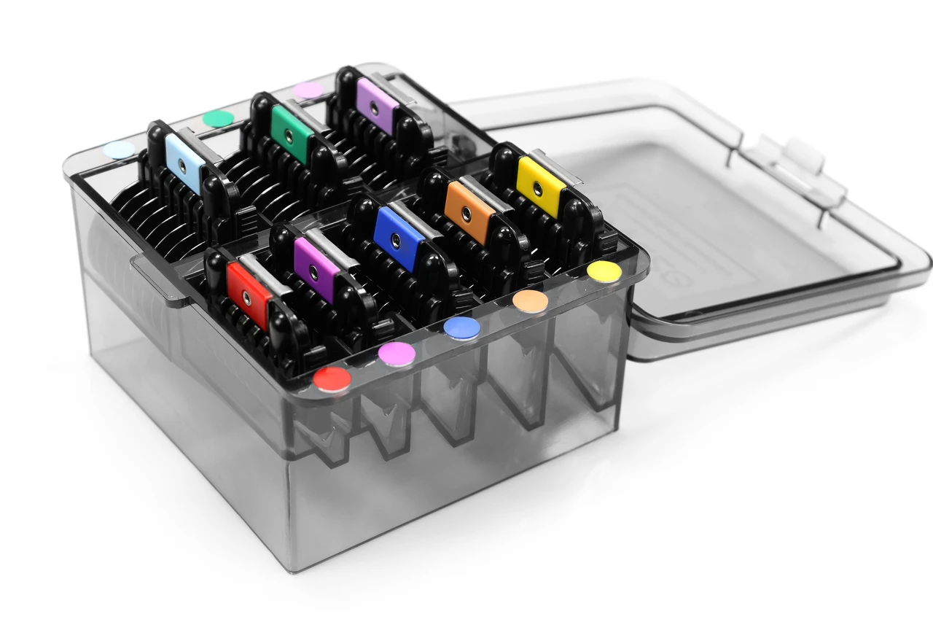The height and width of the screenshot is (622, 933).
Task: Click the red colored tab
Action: click(x=249, y=295)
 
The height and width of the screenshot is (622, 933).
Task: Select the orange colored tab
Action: click(x=469, y=212)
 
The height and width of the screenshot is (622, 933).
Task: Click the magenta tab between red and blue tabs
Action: click(x=316, y=269)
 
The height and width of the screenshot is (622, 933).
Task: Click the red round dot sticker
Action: click(x=332, y=379)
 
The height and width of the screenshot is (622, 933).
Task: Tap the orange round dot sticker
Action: click(x=530, y=301)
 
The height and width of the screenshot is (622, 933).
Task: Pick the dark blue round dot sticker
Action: click(x=462, y=328)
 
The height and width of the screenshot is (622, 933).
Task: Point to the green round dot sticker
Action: click(x=218, y=119)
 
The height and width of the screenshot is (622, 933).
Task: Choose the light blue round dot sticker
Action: click(x=120, y=150)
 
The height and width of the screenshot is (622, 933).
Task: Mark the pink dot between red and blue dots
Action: click(x=397, y=354)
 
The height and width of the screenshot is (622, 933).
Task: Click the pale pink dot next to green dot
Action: click(x=308, y=90)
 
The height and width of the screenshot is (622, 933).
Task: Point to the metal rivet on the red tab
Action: click(x=246, y=298)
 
